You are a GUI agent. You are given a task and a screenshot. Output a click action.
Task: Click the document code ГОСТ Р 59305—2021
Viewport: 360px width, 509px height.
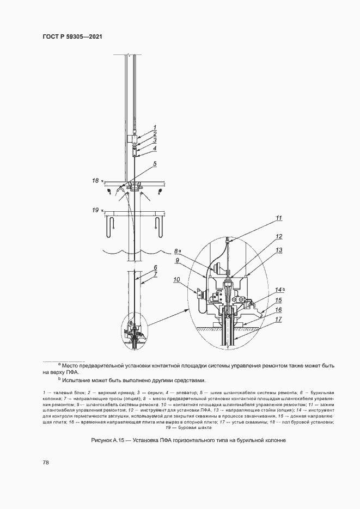click(x=72, y=36)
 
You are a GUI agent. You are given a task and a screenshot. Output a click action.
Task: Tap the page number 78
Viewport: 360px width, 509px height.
click(x=46, y=462)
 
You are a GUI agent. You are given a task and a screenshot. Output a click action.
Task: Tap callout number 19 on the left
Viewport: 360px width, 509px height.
click(x=96, y=210)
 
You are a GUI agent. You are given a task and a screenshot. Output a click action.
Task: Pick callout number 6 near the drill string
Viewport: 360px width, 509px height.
click(x=155, y=267)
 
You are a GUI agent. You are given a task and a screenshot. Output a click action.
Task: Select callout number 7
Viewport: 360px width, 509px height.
click(x=155, y=274)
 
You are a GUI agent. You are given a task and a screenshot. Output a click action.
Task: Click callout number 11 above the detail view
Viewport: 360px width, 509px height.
click(x=278, y=218)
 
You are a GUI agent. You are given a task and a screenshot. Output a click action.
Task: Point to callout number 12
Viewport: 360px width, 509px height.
click(x=278, y=236)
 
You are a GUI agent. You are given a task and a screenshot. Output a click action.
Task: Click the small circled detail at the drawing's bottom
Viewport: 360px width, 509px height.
click(x=132, y=333)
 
